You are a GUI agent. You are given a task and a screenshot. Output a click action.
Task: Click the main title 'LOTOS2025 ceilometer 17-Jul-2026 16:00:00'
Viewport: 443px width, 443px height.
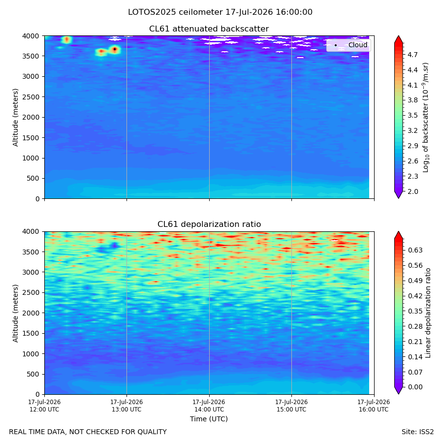(x=220, y=12)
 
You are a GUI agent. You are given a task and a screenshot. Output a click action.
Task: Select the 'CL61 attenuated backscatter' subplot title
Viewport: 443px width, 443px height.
(x=209, y=29)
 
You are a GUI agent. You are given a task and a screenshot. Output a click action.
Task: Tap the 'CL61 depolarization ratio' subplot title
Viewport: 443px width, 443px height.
(x=209, y=224)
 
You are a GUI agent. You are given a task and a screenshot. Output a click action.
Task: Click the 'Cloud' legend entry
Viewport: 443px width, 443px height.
(x=358, y=45)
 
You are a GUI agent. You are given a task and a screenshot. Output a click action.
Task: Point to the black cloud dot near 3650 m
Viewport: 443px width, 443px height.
(x=115, y=49)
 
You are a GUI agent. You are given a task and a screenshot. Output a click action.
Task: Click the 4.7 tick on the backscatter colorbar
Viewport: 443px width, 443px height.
(x=412, y=55)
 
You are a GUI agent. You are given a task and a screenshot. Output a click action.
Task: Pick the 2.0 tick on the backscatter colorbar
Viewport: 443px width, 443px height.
(x=412, y=191)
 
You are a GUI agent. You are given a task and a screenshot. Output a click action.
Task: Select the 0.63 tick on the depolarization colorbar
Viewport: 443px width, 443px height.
(x=415, y=250)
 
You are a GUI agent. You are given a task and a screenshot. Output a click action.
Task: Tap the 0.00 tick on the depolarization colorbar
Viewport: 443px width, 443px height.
(x=415, y=387)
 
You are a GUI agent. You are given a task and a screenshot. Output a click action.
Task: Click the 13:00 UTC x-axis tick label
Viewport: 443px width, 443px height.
(x=127, y=406)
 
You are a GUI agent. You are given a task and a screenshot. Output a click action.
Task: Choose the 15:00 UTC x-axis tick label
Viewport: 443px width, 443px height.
(x=291, y=406)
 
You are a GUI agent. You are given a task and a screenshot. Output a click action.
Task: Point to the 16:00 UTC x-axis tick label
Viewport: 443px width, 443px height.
(x=374, y=406)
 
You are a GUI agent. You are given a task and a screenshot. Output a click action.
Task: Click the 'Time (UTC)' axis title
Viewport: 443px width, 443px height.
(x=209, y=419)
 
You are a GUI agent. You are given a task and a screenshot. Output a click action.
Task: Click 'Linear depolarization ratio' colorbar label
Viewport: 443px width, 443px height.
(x=428, y=313)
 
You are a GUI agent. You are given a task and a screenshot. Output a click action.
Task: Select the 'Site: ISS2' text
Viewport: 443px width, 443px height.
(x=417, y=432)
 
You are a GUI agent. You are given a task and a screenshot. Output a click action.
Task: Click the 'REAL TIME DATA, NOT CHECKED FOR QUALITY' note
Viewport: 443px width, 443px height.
(x=88, y=432)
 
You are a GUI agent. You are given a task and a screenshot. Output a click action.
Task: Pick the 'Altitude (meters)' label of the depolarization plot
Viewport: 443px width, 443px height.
(x=15, y=314)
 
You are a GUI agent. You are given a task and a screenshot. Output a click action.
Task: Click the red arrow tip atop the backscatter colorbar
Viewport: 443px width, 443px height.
(x=398, y=36)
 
